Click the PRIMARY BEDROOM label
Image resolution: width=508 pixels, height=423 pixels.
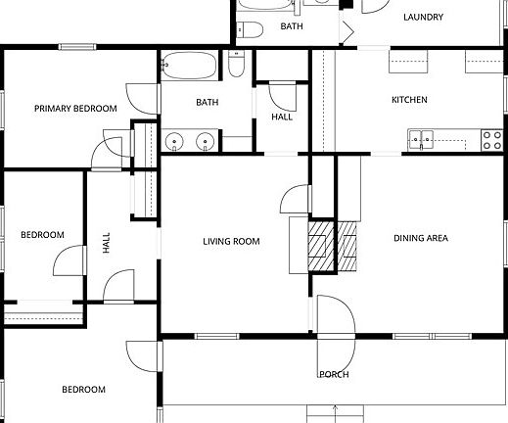[x=75, y=109]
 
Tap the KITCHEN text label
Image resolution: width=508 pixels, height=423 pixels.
[x=409, y=100]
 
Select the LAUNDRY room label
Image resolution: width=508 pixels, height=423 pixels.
[x=423, y=17]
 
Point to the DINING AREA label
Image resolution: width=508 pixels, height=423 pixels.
[x=421, y=238]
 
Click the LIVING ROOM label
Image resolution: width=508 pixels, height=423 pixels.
[x=231, y=242]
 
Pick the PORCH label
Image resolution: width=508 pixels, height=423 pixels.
[x=335, y=374]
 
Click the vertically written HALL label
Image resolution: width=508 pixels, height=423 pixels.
[x=107, y=243]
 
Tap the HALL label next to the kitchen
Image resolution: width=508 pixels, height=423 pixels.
[x=282, y=117]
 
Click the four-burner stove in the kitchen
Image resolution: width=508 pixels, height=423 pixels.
[x=492, y=140]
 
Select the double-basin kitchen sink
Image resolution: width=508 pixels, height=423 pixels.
[x=421, y=140]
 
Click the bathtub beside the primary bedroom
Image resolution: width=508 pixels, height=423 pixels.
[x=189, y=66]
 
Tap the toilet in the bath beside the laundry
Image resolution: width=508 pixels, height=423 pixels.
[x=250, y=30]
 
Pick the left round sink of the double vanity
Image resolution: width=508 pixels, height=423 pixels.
[x=174, y=142]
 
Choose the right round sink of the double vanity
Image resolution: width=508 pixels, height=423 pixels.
[x=205, y=142]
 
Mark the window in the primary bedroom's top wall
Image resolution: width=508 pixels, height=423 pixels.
[x=77, y=47]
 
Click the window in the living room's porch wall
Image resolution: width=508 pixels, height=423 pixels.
[x=217, y=336]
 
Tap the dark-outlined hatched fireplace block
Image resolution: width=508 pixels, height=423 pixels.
[x=321, y=246]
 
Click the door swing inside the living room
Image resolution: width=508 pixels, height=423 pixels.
[x=296, y=199]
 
